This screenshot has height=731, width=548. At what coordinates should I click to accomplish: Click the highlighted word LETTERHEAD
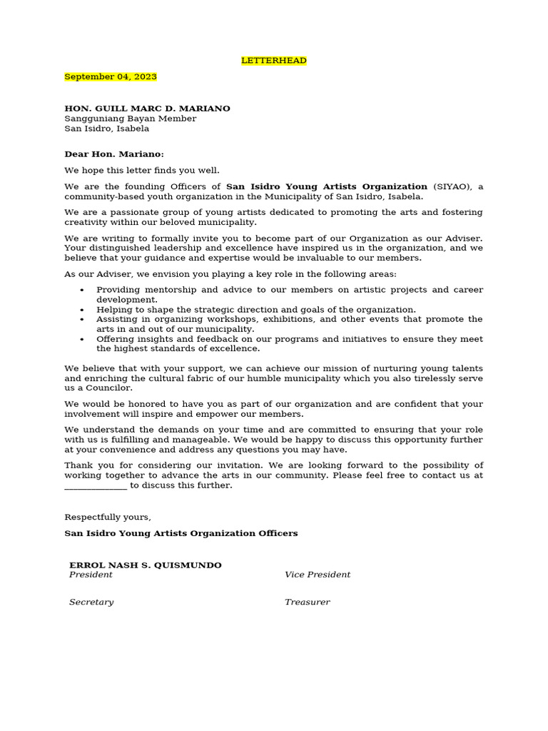tap(274, 61)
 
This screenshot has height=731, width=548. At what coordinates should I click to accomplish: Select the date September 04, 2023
tap(111, 76)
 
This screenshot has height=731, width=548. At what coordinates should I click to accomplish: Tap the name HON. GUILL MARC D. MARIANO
tap(147, 109)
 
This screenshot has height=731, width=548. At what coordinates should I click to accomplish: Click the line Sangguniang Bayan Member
tap(130, 119)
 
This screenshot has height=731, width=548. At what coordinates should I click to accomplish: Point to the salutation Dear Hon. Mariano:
tap(114, 153)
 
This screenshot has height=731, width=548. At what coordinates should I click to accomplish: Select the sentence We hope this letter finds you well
tap(142, 170)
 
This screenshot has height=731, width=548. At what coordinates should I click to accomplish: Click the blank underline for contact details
tap(96, 485)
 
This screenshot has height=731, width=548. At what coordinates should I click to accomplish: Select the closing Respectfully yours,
tap(108, 517)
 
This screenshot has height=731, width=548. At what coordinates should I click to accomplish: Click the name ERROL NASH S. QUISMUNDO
tap(145, 565)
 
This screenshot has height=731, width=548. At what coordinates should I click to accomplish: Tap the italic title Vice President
tap(318, 575)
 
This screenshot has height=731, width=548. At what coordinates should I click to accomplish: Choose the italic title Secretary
tap(91, 602)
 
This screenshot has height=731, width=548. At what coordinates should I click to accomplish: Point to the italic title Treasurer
tap(307, 602)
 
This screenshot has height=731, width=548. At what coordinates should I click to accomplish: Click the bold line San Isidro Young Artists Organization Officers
tap(181, 533)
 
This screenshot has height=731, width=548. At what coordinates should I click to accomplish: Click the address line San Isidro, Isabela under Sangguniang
tap(107, 128)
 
